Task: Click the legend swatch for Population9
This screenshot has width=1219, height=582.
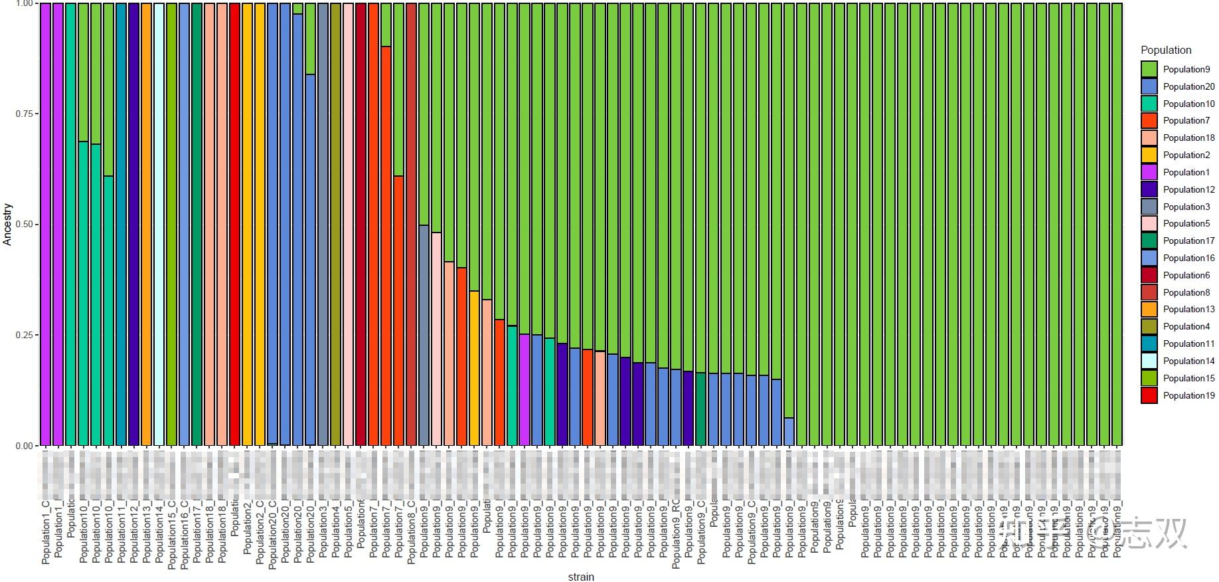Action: click(1149, 69)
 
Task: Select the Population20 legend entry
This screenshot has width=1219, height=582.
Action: click(1188, 86)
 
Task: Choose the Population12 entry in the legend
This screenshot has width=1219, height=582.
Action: click(1188, 189)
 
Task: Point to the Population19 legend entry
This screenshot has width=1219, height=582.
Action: click(1188, 395)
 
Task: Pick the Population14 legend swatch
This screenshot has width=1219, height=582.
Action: click(1149, 361)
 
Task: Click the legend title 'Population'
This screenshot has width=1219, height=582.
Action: click(1166, 50)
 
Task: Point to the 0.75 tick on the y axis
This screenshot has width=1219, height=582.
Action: click(24, 114)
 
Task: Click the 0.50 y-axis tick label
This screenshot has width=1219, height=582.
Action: click(24, 225)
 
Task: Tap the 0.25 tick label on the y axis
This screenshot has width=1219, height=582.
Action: click(24, 335)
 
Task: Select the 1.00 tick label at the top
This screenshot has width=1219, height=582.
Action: click(24, 4)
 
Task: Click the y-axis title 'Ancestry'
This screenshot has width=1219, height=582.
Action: click(8, 225)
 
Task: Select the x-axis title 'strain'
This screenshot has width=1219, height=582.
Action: click(581, 577)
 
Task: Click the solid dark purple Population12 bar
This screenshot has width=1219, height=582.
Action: click(133, 225)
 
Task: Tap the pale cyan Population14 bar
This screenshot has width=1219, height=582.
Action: click(159, 225)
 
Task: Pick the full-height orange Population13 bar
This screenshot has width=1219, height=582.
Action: click(146, 225)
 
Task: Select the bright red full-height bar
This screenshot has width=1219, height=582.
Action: click(234, 225)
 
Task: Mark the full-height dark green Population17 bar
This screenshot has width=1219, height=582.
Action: click(197, 225)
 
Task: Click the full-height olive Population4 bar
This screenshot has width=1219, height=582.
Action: click(335, 225)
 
